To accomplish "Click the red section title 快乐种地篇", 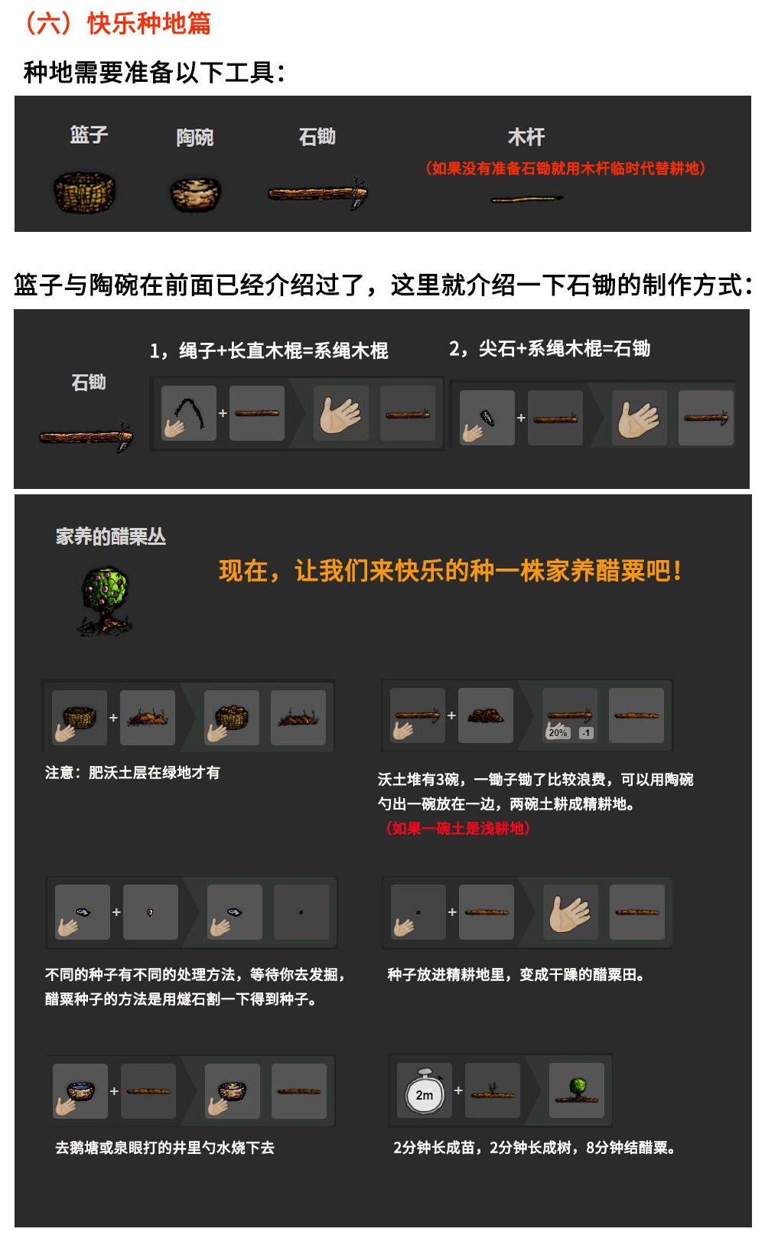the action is (x=149, y=24).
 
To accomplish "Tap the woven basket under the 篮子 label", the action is (x=84, y=192).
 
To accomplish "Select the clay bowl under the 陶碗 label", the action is (x=195, y=194).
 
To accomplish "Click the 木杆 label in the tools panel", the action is (x=526, y=137).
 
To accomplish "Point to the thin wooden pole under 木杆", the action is (x=526, y=198).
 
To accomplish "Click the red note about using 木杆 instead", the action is (x=565, y=168).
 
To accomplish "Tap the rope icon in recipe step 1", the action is (x=190, y=413).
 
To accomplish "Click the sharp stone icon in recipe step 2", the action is (x=487, y=417).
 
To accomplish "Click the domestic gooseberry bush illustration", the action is (x=106, y=601).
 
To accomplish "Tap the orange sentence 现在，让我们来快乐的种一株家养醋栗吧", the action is (x=450, y=571).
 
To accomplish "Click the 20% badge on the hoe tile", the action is (x=558, y=732).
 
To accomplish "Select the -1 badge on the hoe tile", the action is (x=585, y=733).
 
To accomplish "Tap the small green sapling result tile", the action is (x=577, y=1090).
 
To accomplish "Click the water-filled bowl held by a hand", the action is (x=80, y=1090).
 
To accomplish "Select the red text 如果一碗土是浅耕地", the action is (x=457, y=828).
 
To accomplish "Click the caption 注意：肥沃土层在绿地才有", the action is (x=132, y=773).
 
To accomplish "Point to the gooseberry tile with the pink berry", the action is (x=151, y=912).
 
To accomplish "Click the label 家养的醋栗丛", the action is (x=111, y=536).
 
